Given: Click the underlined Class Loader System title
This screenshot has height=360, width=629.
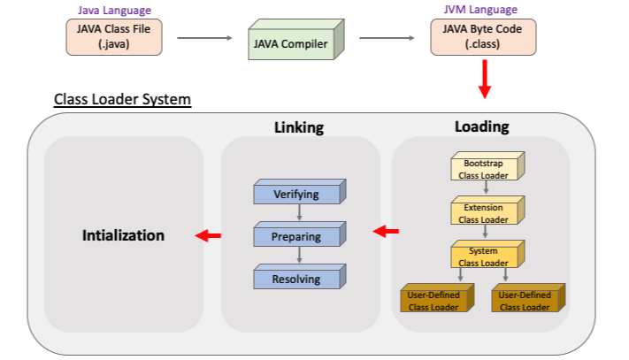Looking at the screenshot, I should coord(122,99).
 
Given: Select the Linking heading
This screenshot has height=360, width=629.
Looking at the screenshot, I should coord(298,127).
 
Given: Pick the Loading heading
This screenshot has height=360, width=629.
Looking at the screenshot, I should coord(481,126).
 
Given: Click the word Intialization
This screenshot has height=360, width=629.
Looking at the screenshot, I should coord(123,235).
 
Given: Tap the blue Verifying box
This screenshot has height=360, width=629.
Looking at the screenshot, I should coord(297,194).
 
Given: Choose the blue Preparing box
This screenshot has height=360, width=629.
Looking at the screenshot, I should coord(297,236).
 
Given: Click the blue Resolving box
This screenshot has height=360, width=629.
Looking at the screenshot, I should coord(297,279).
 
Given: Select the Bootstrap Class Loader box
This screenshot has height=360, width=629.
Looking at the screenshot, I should coord(484,169).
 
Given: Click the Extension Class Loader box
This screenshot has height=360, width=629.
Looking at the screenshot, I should coord(484,212).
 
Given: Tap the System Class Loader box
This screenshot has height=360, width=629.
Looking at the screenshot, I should coord(484,257).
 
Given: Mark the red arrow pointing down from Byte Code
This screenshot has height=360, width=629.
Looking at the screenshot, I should coord(484,80).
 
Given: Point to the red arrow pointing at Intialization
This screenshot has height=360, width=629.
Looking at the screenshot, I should coord(208,235).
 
